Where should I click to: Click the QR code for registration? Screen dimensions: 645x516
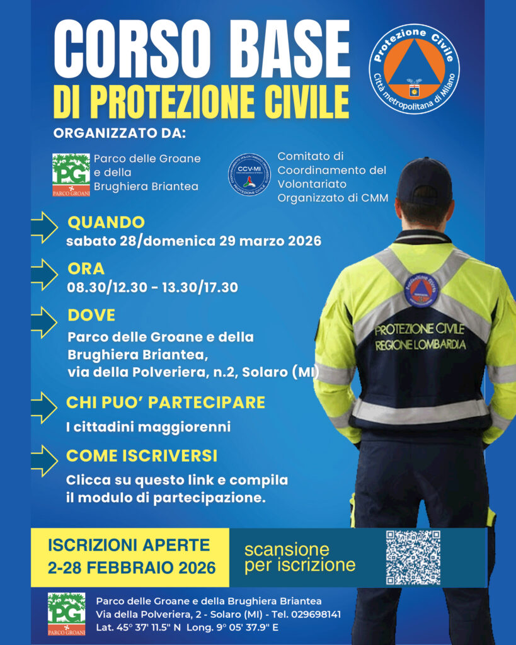point(413,557)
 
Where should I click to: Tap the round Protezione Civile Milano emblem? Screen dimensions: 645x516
point(414,69)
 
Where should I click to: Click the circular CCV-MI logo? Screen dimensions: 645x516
point(248,174)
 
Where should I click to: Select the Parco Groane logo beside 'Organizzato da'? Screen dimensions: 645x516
point(71,174)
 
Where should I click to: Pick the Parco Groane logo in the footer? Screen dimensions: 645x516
point(67,613)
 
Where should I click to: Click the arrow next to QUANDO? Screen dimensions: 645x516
point(43,227)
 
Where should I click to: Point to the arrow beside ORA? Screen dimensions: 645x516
point(43,274)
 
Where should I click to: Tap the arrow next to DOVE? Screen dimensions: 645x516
point(43,322)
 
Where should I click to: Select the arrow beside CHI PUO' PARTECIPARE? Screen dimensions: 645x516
point(43,408)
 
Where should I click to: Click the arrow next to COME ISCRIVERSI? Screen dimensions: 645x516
point(43,460)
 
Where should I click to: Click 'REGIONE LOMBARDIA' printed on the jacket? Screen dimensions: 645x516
point(420,345)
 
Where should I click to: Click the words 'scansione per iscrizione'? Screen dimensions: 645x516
point(299,557)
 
